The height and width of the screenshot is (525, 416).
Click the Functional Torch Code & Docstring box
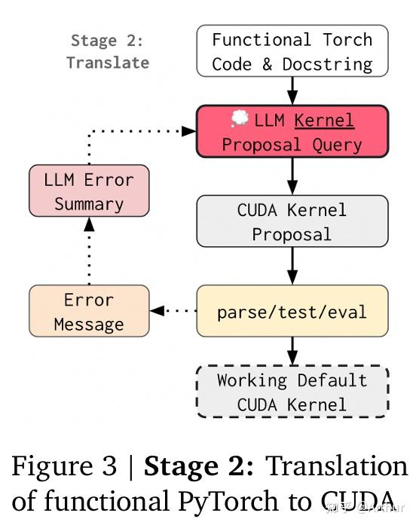292,51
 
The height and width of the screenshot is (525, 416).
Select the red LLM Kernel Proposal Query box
292,131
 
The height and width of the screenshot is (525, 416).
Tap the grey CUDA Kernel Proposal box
292,221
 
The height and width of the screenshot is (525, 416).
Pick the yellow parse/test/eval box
292,310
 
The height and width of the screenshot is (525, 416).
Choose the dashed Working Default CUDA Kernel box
292,392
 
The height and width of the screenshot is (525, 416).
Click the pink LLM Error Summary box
89,191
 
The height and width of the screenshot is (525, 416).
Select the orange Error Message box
89,310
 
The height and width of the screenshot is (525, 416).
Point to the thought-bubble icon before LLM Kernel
239,119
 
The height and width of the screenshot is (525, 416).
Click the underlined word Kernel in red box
324,120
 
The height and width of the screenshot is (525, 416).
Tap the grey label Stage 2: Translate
107,51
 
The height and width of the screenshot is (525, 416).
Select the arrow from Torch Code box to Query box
292,90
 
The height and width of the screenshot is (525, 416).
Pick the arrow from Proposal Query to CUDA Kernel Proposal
292,176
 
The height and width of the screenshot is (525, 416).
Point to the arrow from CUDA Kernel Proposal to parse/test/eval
292,266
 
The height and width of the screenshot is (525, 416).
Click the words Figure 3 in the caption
66,468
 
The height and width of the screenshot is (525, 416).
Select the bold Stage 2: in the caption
198,468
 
